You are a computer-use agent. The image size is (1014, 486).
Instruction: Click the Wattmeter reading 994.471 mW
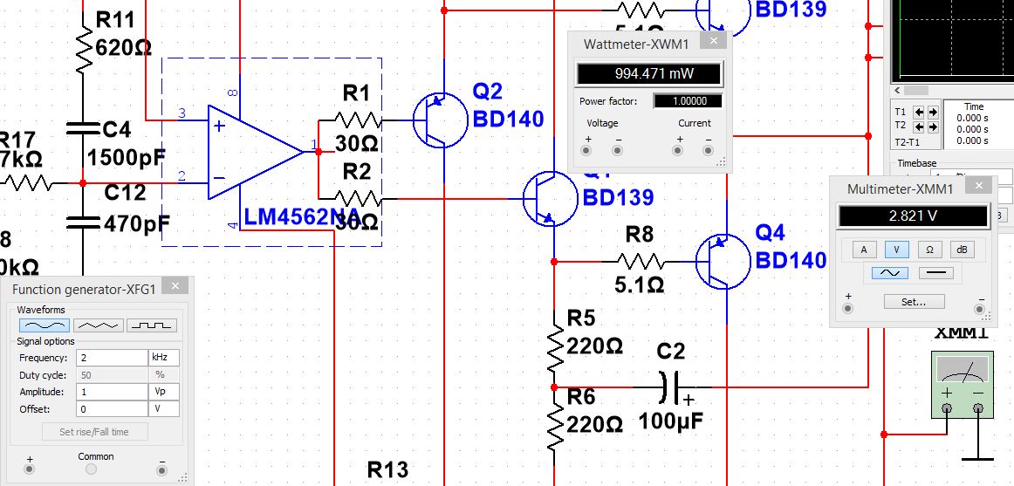coord(649,73)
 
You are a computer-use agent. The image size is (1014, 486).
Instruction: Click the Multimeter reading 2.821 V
coord(913,216)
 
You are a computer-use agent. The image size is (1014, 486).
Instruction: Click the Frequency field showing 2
coord(112,358)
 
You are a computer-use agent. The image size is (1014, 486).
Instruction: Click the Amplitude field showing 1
coord(112,392)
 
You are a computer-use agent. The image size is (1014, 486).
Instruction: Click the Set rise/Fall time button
coord(94,432)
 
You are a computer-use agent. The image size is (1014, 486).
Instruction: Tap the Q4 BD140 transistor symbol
coord(723,260)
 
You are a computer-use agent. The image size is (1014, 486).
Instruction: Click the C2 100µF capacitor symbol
coord(672,386)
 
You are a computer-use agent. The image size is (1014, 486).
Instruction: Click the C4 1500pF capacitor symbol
coord(83,129)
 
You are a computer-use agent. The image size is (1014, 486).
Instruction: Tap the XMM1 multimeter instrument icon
coord(962,384)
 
